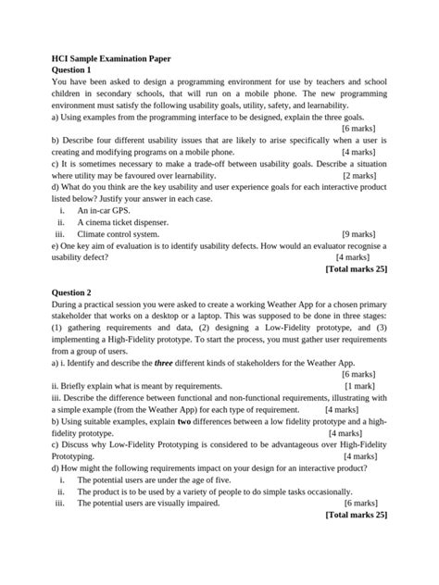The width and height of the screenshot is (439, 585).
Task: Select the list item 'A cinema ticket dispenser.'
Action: [x=131, y=222]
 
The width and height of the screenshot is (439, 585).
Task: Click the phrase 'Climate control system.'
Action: [x=124, y=234]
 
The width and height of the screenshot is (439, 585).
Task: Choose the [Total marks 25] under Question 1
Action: [x=357, y=269]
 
